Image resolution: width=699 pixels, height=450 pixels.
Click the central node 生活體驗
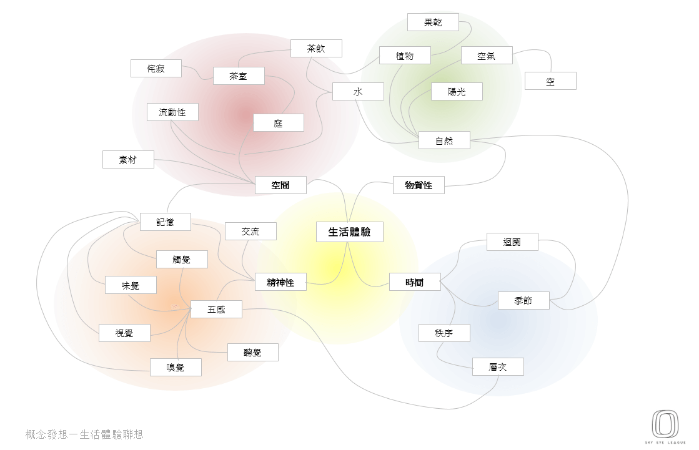click(349, 232)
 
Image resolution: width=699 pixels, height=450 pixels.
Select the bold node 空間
click(280, 185)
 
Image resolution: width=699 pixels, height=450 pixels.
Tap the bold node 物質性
click(419, 185)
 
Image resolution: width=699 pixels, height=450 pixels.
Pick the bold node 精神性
click(280, 282)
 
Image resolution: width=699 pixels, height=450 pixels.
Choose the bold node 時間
click(414, 282)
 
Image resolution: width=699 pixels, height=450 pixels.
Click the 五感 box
click(216, 310)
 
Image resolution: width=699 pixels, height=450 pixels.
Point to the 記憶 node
click(165, 222)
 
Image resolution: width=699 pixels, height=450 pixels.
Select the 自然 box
click(444, 140)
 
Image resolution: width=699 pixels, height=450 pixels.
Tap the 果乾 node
click(433, 22)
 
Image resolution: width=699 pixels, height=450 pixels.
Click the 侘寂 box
click(156, 68)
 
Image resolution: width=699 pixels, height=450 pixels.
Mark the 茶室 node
click(238, 76)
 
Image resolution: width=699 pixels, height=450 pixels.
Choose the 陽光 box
click(457, 92)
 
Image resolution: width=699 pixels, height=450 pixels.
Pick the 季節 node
click(523, 300)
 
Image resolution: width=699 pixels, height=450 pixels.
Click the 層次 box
click(498, 367)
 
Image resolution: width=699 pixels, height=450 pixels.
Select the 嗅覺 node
click(176, 368)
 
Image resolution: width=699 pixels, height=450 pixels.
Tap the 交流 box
click(250, 232)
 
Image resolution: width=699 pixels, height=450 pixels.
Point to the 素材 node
click(128, 160)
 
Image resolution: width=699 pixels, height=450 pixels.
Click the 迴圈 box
click(512, 242)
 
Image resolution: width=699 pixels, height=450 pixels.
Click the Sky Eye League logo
click(665, 426)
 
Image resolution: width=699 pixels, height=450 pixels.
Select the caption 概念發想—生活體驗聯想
click(85, 434)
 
